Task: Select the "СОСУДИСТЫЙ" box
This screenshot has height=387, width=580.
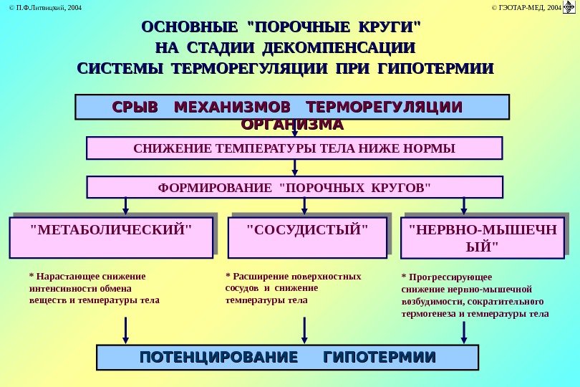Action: pyautogui.click(x=306, y=238)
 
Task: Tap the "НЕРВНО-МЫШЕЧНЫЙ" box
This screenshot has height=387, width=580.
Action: pyautogui.click(x=483, y=239)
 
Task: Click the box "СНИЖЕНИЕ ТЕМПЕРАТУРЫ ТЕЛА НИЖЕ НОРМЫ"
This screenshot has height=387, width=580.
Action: pyautogui.click(x=294, y=148)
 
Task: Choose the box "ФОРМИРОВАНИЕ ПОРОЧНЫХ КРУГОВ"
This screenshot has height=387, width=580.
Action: pyautogui.click(x=294, y=188)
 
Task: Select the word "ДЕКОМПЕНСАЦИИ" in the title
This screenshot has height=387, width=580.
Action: pyautogui.click(x=339, y=48)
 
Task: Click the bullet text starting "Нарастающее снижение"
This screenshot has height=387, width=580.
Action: pyautogui.click(x=94, y=288)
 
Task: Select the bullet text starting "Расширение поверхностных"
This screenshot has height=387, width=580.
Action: pyautogui.click(x=293, y=288)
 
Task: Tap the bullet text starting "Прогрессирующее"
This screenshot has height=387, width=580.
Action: pyautogui.click(x=475, y=295)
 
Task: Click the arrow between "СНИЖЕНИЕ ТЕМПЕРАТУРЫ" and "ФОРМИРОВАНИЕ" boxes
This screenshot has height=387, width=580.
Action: pyautogui.click(x=294, y=168)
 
